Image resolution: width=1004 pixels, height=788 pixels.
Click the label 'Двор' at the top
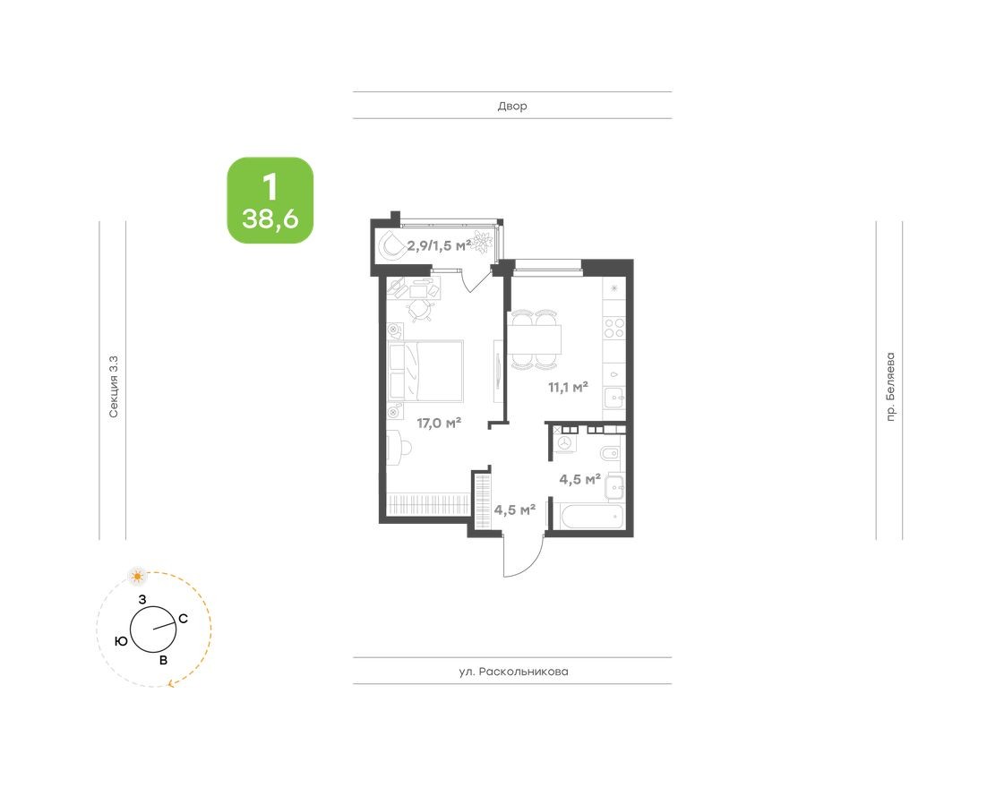pyautogui.click(x=512, y=106)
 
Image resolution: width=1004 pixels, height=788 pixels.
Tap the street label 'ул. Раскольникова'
pyautogui.click(x=512, y=672)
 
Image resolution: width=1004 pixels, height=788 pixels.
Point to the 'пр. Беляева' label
pyautogui.click(x=889, y=386)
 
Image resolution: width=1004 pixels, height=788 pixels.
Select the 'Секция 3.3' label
pyautogui.click(x=113, y=386)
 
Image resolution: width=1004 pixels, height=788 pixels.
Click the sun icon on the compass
pyautogui.click(x=137, y=575)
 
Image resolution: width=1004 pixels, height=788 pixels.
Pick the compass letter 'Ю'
pyautogui.click(x=120, y=641)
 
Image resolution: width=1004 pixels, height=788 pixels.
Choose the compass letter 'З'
pyautogui.click(x=142, y=598)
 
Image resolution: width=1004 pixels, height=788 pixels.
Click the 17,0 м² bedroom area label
pyautogui.click(x=439, y=423)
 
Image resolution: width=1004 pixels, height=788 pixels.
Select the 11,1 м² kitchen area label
pyautogui.click(x=568, y=387)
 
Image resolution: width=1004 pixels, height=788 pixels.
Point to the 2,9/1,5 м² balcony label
pyautogui.click(x=439, y=244)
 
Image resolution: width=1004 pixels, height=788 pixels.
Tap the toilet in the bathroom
pyautogui.click(x=609, y=453)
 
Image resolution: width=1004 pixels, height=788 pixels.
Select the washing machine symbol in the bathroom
pyautogui.click(x=564, y=441)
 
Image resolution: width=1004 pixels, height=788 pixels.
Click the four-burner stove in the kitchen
pyautogui.click(x=614, y=328)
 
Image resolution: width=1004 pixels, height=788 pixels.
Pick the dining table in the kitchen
pyautogui.click(x=536, y=340)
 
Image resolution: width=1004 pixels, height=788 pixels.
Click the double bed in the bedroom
pyautogui.click(x=426, y=370)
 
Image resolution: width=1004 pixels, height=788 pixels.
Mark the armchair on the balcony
pyautogui.click(x=392, y=244)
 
